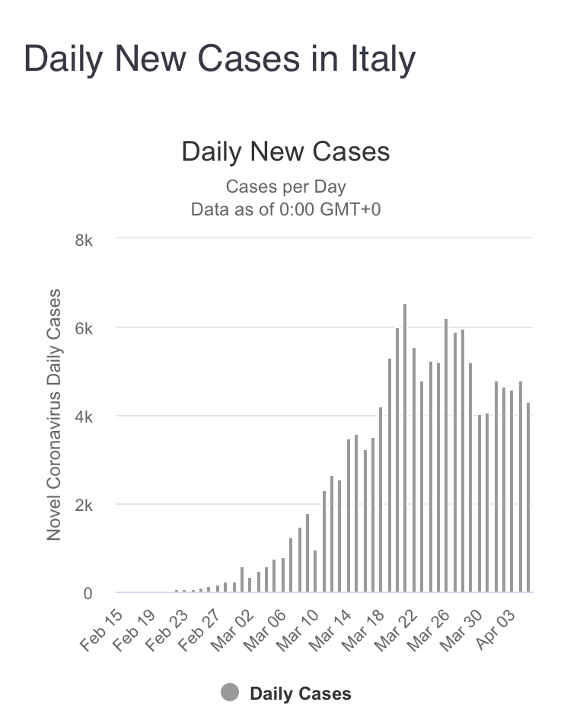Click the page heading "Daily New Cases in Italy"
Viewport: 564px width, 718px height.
[x=220, y=59]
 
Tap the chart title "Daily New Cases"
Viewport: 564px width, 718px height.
[x=285, y=151]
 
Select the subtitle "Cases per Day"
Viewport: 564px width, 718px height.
[x=285, y=187]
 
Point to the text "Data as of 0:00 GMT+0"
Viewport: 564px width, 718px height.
[x=285, y=209]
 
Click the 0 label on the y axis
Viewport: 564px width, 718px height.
[x=88, y=592]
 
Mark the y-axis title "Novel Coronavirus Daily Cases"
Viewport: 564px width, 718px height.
[x=54, y=415]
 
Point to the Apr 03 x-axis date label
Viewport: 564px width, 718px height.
[x=499, y=627]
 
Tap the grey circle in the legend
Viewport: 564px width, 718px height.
[x=230, y=693]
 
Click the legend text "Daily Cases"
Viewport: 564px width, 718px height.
[x=301, y=694]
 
